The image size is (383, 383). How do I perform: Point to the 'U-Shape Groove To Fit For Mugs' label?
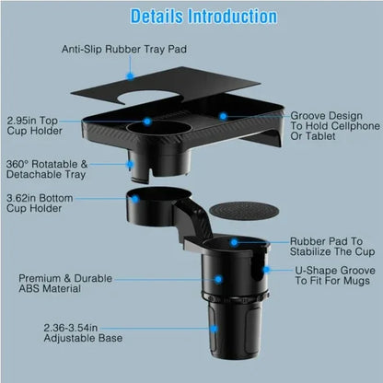pos(332,279)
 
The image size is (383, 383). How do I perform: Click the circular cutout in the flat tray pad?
pos(153,99)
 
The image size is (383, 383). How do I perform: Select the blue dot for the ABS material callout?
pos(219,277)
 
